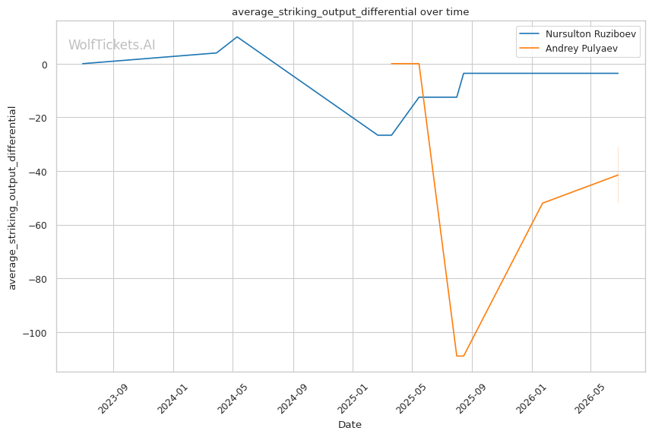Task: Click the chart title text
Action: (350, 12)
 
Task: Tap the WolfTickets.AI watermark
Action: (112, 45)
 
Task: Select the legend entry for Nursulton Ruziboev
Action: (578, 34)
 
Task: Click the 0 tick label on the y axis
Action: (45, 65)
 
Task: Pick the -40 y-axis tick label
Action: (38, 172)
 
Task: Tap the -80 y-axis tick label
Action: (38, 280)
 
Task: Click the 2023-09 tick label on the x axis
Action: (112, 399)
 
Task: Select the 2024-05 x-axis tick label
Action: (232, 399)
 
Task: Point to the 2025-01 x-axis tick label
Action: (352, 399)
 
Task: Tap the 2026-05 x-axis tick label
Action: (590, 399)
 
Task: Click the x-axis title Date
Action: (350, 425)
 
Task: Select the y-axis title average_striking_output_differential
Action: (12, 198)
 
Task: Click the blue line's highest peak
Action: (237, 37)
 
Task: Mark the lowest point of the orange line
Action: (460, 356)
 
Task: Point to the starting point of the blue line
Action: (83, 64)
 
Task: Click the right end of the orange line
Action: (618, 175)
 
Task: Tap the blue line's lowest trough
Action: (385, 135)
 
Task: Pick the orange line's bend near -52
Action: (543, 203)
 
